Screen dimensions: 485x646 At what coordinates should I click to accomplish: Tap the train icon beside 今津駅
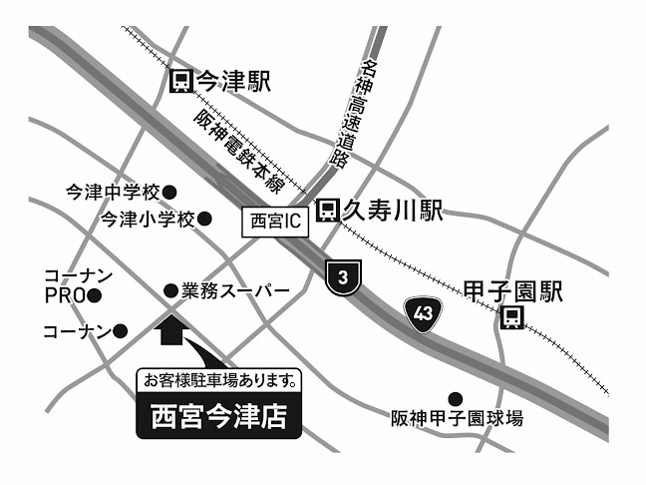tap(180, 81)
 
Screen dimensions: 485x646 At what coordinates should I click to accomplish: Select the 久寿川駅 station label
tap(393, 210)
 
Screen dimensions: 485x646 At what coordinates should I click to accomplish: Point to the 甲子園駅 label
tap(513, 291)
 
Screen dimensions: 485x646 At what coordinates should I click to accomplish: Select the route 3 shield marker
tap(342, 278)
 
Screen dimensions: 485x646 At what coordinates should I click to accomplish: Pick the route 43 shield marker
tap(423, 312)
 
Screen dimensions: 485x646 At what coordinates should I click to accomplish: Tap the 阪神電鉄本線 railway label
tap(240, 153)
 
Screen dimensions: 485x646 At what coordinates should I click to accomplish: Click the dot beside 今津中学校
tap(169, 191)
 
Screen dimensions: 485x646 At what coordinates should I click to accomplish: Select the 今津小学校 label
tap(147, 218)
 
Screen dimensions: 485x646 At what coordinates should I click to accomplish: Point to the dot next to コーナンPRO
tap(94, 295)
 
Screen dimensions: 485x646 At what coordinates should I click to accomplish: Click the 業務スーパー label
tap(235, 290)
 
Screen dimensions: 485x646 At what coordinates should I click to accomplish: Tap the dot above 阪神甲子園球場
tap(454, 397)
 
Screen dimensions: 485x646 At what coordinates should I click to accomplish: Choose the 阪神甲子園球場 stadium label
tap(457, 419)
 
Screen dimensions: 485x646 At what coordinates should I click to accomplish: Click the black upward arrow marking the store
tap(171, 330)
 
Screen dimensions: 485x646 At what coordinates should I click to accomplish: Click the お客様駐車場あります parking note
tap(218, 379)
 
